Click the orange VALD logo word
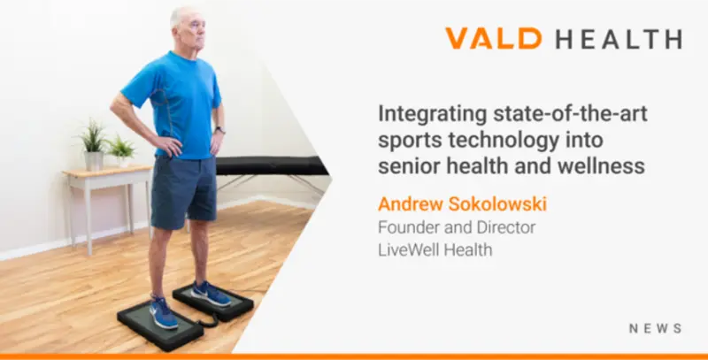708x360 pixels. coord(492,39)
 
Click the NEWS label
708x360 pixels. coord(655,328)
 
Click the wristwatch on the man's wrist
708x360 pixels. coord(220,130)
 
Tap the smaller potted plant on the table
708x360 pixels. coord(120,151)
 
